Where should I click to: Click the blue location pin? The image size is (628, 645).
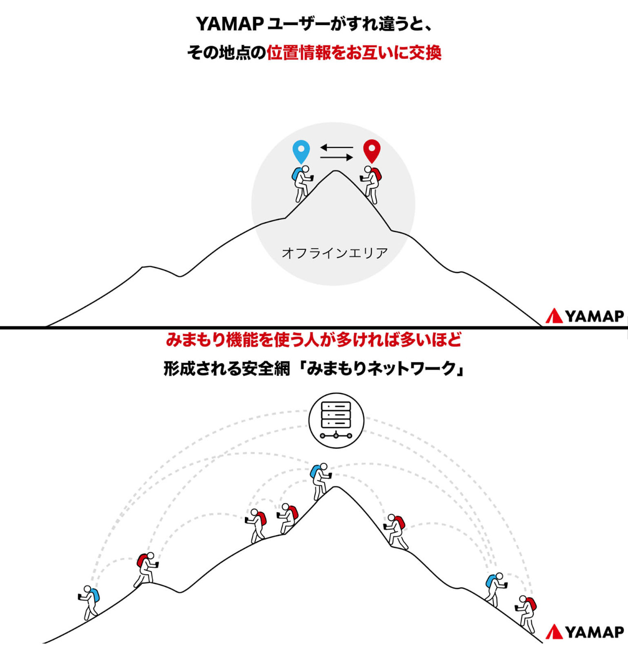click(x=301, y=151)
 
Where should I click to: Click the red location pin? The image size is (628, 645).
click(x=371, y=150)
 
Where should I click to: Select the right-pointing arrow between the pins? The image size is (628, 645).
click(x=337, y=158)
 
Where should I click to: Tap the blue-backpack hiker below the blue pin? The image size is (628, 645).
click(x=301, y=183)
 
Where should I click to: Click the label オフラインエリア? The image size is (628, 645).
click(x=334, y=253)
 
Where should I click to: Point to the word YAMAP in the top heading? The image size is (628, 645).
click(x=229, y=24)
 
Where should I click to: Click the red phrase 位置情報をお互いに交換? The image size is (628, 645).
click(x=354, y=53)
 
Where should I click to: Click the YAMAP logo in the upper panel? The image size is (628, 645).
click(x=585, y=316)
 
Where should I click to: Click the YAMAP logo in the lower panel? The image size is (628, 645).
click(x=585, y=631)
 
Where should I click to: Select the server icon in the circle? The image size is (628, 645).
click(x=336, y=420)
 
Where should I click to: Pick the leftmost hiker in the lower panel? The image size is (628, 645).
click(x=89, y=602)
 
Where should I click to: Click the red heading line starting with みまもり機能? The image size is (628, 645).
click(x=314, y=340)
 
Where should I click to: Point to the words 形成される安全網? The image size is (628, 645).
click(x=227, y=369)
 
